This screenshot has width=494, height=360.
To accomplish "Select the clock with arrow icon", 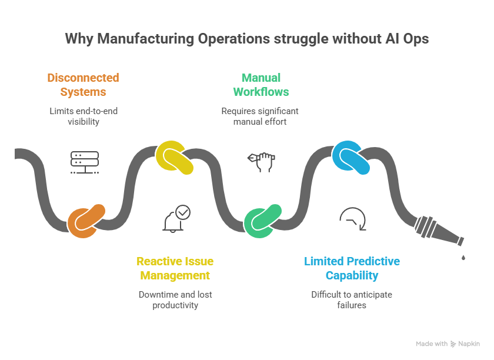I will pyautogui.click(x=353, y=220).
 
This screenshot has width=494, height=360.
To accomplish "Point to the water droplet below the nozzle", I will pyautogui.click(x=464, y=257).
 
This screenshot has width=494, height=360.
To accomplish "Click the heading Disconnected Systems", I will pyautogui.click(x=83, y=85).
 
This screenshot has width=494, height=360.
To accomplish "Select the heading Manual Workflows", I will pyautogui.click(x=261, y=85).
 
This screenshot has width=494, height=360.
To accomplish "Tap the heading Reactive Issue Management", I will pyautogui.click(x=175, y=268).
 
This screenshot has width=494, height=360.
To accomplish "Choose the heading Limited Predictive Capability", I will pyautogui.click(x=352, y=268).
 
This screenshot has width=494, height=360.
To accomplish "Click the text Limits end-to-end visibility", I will pyautogui.click(x=83, y=116).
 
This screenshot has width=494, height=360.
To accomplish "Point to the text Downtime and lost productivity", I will pyautogui.click(x=175, y=299).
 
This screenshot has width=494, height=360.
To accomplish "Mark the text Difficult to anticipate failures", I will pyautogui.click(x=352, y=299).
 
